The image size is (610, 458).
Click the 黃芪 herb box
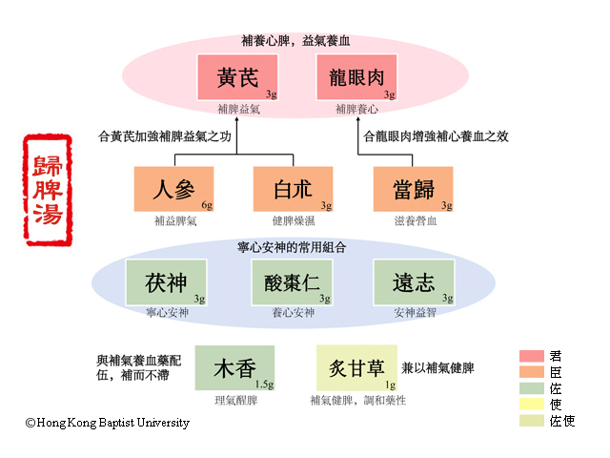(237, 77)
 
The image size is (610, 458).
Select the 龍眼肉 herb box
(356, 77)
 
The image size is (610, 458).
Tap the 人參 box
(174, 189)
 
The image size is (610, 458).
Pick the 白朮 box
(294, 189)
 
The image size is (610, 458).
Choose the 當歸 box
(413, 189)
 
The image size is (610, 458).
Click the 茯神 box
(166, 282)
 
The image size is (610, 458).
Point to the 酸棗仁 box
(292, 282)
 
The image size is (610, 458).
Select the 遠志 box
(413, 282)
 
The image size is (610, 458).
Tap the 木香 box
(234, 367)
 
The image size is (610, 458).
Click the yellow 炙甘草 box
(356, 367)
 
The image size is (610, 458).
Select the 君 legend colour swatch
(530, 356)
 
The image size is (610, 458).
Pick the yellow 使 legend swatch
(530, 404)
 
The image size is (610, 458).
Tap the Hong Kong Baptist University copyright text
(107, 423)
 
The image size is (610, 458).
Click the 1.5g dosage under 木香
(264, 385)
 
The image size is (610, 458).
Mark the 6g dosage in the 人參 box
(207, 205)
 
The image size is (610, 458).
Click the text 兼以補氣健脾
(437, 366)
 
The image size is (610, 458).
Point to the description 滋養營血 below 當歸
(413, 220)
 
